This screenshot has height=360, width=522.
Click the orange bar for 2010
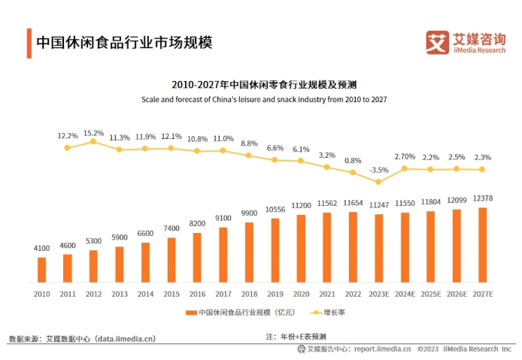pyautogui.click(x=41, y=269)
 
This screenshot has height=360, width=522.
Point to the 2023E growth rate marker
pyautogui.click(x=379, y=182)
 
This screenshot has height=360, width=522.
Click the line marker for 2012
pyautogui.click(x=93, y=141)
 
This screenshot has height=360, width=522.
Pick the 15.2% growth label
pyautogui.click(x=93, y=133)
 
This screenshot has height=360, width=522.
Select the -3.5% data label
pyautogui.click(x=379, y=171)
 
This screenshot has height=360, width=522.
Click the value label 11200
pyautogui.click(x=301, y=205)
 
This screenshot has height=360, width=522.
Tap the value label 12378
pyautogui.click(x=483, y=198)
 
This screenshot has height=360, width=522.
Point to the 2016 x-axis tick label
pyautogui.click(x=198, y=293)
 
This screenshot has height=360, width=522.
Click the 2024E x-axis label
pyautogui.click(x=405, y=293)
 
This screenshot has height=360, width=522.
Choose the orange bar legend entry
pyautogui.click(x=240, y=312)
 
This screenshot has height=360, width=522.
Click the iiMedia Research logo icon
pyautogui.click(x=436, y=42)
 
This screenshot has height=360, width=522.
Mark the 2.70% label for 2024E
pyautogui.click(x=405, y=157)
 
